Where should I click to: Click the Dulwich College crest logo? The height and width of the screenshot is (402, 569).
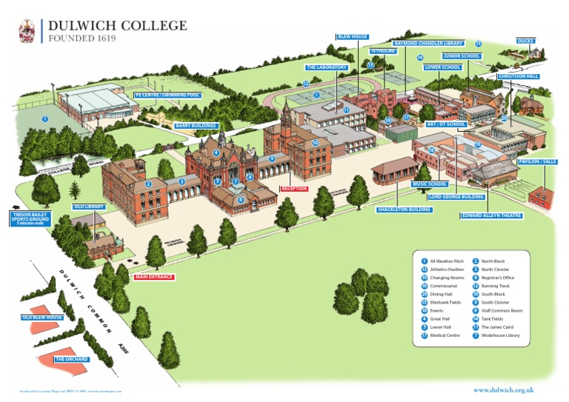pyautogui.click(x=27, y=31)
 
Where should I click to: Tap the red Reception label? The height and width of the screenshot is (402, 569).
pyautogui.click(x=294, y=189)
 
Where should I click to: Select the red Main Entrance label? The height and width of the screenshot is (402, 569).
pyautogui.click(x=154, y=277)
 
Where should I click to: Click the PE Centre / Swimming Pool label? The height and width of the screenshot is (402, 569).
pyautogui.click(x=167, y=96)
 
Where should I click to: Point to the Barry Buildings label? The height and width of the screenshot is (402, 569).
pyautogui.click(x=196, y=127)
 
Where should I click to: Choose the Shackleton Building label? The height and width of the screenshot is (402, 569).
pyautogui.click(x=405, y=210)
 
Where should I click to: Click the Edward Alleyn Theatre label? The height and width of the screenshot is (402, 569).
pyautogui.click(x=492, y=215)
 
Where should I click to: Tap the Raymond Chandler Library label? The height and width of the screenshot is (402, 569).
pyautogui.click(x=429, y=44)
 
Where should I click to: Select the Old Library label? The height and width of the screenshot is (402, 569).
pyautogui.click(x=90, y=207)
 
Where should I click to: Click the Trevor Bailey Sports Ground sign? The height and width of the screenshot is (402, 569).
pyautogui.click(x=30, y=218)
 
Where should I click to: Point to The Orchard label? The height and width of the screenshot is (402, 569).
pyautogui.click(x=72, y=359)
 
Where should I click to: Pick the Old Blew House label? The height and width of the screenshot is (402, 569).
pyautogui.click(x=42, y=318)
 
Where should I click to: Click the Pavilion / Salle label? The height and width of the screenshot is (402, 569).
pyautogui.click(x=538, y=161)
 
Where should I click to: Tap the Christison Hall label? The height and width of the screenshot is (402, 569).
pyautogui.click(x=518, y=76)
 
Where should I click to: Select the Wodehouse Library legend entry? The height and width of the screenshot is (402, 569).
pyautogui.click(x=500, y=335)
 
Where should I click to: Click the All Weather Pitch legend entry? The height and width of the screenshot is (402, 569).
pyautogui.click(x=446, y=261)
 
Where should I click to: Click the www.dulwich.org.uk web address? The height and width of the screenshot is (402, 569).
pyautogui.click(x=504, y=389)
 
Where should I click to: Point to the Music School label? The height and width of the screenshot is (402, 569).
pyautogui.click(x=430, y=184)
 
